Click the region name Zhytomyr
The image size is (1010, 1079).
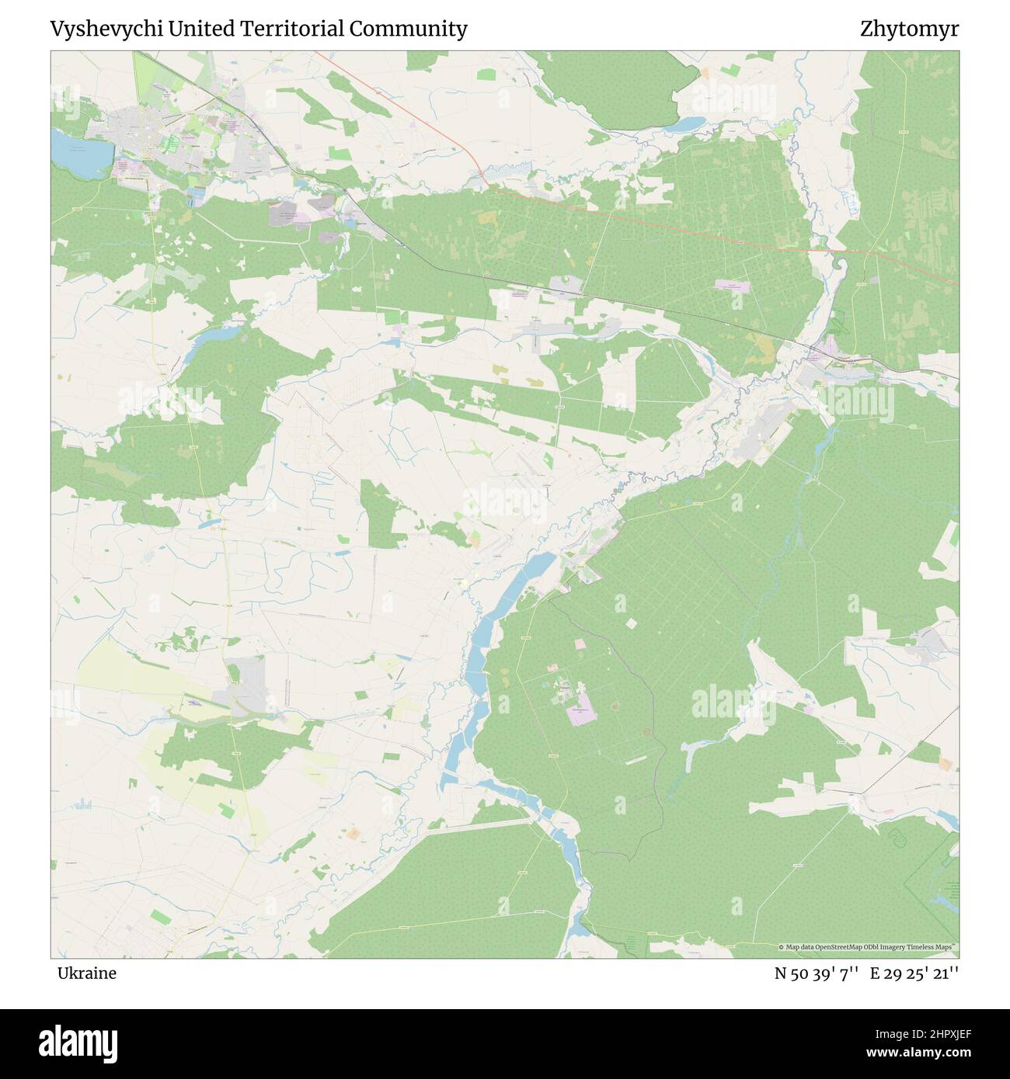point(909,29)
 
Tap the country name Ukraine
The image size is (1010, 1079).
point(86,973)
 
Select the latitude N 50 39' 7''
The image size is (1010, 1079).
point(816,973)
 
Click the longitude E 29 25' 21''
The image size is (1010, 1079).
point(914,973)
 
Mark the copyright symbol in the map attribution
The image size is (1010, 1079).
point(782,947)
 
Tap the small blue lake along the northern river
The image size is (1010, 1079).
point(687,124)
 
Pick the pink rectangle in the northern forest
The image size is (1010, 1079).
point(733,286)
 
